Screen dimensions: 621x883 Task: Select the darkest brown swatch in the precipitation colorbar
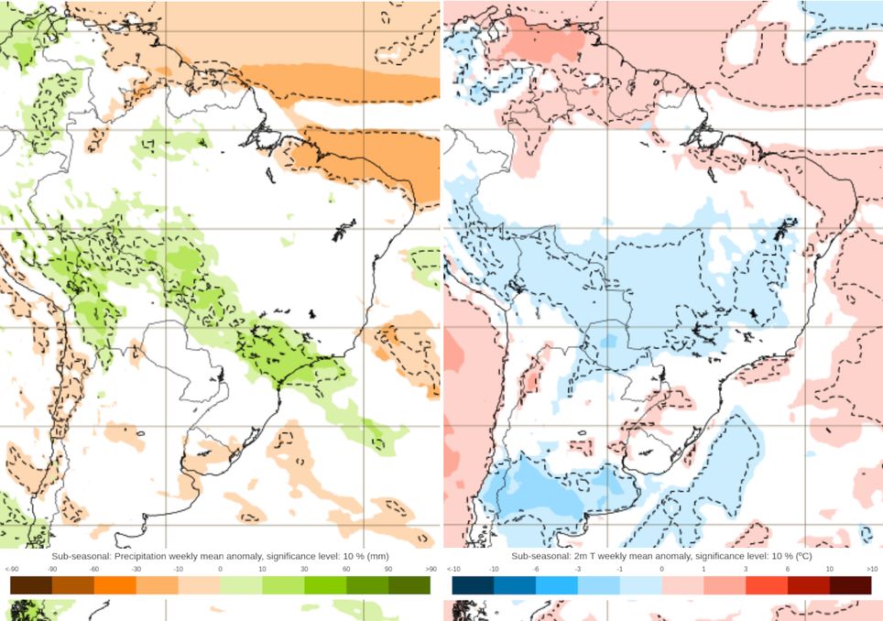click(31, 584)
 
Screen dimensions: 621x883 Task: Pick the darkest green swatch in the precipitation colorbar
click(409, 584)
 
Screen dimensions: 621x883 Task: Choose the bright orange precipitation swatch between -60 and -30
click(115, 584)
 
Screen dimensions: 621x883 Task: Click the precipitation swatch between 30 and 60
click(325, 584)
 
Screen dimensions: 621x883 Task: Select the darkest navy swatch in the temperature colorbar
click(474, 584)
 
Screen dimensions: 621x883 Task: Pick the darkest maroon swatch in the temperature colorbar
click(850, 584)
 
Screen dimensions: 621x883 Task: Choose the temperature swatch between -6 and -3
click(557, 584)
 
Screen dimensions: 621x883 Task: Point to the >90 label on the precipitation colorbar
click(431, 569)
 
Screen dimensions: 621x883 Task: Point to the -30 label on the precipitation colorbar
click(136, 569)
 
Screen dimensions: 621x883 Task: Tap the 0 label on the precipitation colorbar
click(221, 569)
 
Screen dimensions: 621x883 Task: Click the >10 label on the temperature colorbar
click(872, 569)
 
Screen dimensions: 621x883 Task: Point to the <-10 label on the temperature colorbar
click(452, 569)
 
